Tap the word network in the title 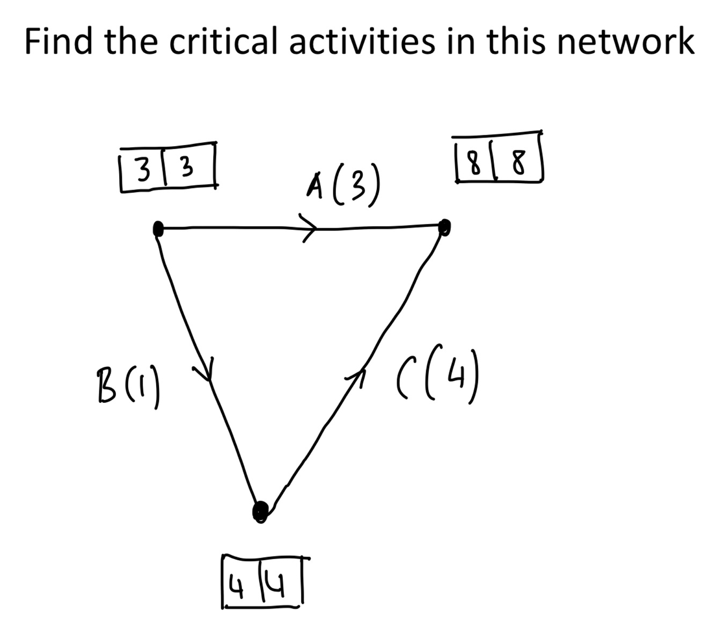(626, 42)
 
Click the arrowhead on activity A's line (310, 228)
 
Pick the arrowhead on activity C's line (360, 370)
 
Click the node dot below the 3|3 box (158, 229)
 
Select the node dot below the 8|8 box (445, 227)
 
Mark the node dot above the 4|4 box (260, 510)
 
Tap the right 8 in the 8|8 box (517, 160)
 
